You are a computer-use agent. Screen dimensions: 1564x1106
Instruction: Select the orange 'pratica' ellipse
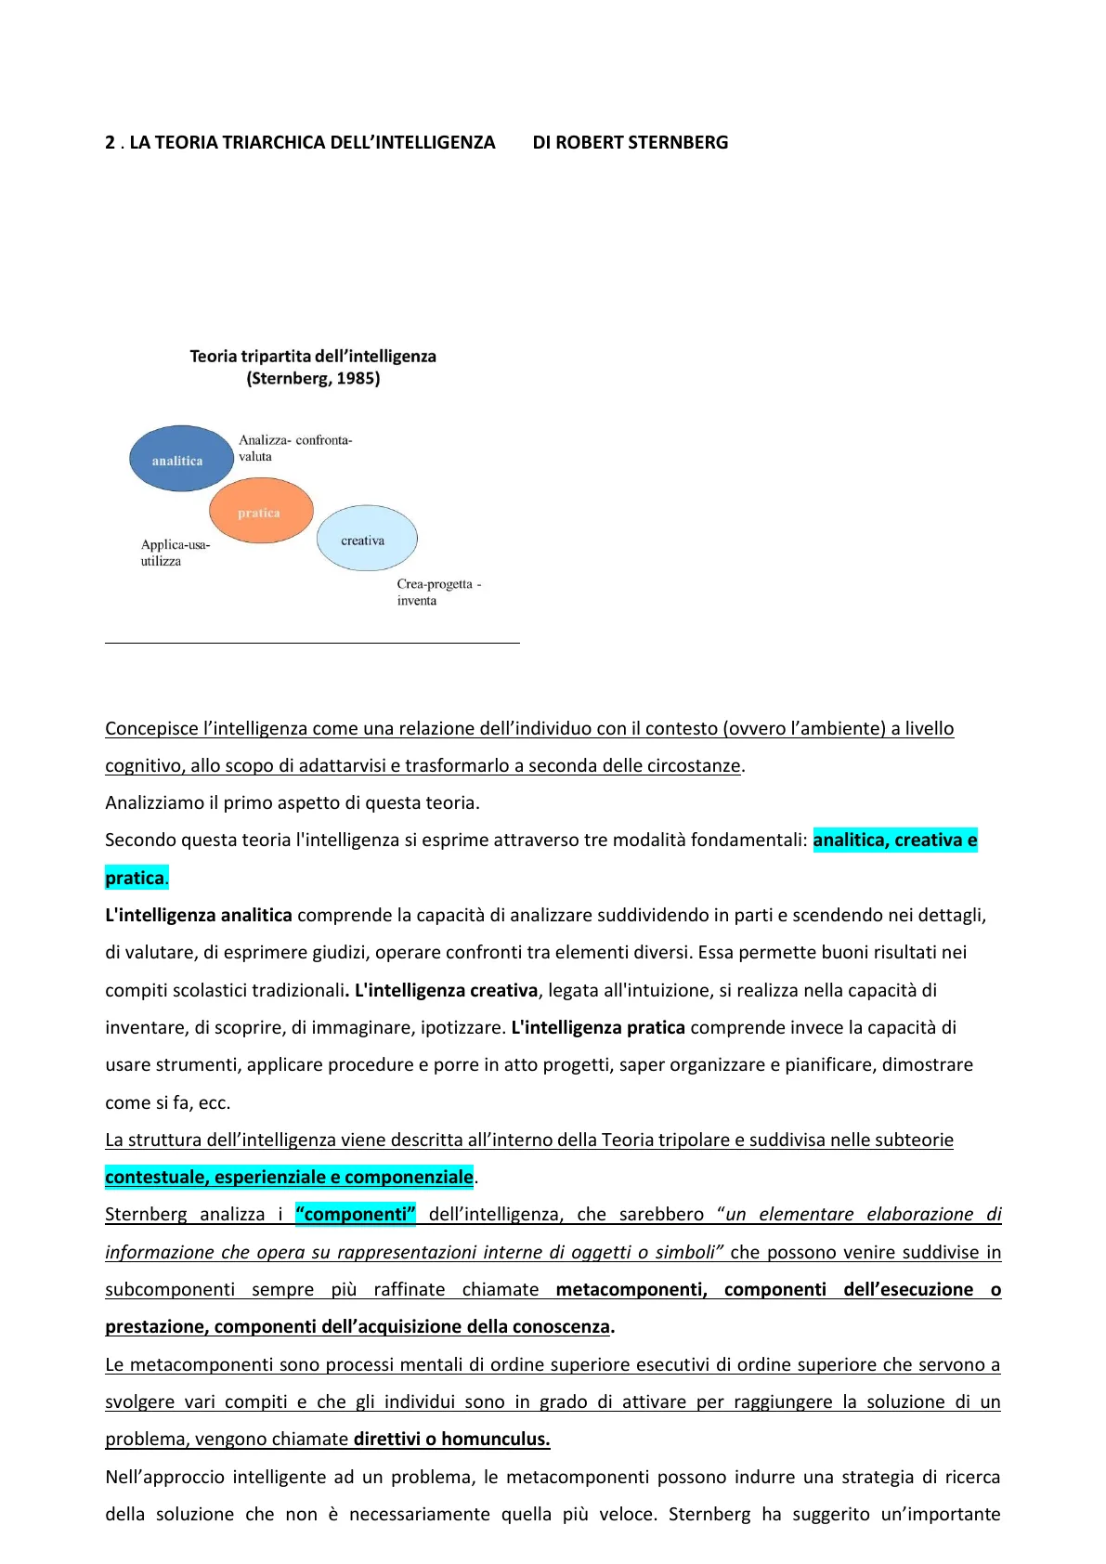point(260,512)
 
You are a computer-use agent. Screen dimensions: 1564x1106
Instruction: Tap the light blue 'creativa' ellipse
point(366,539)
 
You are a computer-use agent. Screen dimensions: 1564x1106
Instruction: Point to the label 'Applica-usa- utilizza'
point(175,553)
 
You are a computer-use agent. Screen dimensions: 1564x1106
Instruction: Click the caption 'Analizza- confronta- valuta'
point(294,448)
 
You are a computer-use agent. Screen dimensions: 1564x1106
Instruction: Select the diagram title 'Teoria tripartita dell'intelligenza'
point(313,357)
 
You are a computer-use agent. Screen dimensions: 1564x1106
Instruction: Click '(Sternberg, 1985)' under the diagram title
point(313,379)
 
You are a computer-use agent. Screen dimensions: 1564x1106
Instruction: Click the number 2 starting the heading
point(111,143)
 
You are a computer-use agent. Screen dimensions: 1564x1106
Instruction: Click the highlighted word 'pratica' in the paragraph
point(135,879)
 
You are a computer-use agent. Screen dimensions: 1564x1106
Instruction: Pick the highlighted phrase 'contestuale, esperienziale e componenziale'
point(289,1178)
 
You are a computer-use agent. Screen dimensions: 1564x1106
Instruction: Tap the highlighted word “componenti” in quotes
point(356,1215)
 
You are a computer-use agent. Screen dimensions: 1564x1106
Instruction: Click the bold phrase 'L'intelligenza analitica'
point(199,916)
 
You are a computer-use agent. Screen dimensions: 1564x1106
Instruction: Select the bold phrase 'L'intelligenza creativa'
point(446,991)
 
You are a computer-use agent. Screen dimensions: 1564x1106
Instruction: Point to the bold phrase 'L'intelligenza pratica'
point(598,1028)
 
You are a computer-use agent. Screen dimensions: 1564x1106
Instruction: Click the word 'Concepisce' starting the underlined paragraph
point(151,729)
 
